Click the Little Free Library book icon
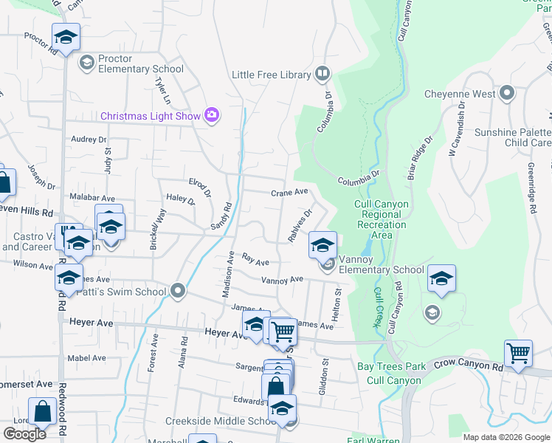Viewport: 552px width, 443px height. pyautogui.click(x=322, y=73)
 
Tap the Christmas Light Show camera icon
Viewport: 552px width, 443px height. pyautogui.click(x=213, y=115)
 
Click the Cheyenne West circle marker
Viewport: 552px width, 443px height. pyautogui.click(x=506, y=94)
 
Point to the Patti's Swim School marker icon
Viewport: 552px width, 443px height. pyautogui.click(x=177, y=290)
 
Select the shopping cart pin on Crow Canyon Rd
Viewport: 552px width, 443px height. pyautogui.click(x=518, y=353)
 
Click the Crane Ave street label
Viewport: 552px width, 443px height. pyautogui.click(x=289, y=192)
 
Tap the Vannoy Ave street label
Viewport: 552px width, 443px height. pyautogui.click(x=283, y=280)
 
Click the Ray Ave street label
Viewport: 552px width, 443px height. pyautogui.click(x=255, y=261)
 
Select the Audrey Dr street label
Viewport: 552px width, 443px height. pyautogui.click(x=89, y=139)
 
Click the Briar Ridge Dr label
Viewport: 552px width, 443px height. pyautogui.click(x=419, y=157)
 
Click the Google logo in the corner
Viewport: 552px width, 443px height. pyautogui.click(x=24, y=434)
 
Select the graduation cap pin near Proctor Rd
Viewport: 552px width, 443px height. pyautogui.click(x=66, y=36)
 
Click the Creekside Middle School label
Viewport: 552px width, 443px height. pyautogui.click(x=210, y=421)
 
